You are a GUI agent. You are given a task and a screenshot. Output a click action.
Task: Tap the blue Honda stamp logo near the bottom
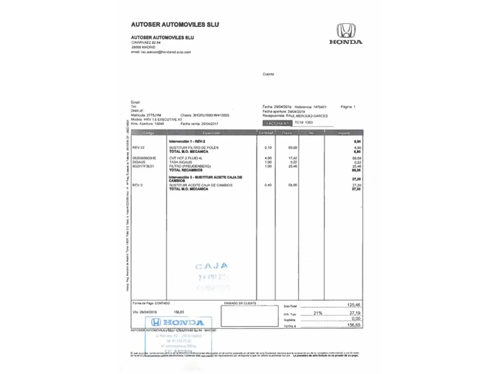coord(177,322)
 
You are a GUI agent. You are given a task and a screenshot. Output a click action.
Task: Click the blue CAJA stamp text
coord(212,266)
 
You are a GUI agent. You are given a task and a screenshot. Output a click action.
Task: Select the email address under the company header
coord(166,52)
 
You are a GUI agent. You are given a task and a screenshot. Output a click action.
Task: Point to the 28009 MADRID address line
coord(143,47)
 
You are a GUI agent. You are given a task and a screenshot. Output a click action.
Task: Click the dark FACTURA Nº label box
coord(277,123)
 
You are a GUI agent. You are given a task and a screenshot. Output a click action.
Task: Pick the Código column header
coord(149,133)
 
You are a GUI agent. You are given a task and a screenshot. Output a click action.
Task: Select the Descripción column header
coord(211,133)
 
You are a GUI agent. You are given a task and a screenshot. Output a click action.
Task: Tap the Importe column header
coord(344,133)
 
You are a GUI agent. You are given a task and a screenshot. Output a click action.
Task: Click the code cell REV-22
coord(138,148)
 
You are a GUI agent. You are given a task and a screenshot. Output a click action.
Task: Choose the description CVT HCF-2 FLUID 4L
coord(186,158)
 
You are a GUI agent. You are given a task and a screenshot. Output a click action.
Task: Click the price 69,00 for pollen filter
coord(293,148)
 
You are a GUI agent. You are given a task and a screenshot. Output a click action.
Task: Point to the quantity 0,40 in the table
coord(268,185)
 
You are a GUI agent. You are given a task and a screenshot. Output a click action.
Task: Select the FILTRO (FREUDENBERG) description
coord(190,166)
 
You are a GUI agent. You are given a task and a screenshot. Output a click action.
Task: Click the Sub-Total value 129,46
coord(353,305)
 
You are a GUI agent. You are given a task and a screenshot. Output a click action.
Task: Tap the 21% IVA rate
coord(318,313)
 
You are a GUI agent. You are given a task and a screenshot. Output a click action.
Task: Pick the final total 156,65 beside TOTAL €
coord(353,325)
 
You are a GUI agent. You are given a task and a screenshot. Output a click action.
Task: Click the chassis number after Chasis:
coord(211,115)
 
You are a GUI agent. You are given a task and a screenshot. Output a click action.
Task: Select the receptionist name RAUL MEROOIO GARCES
coord(306,116)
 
